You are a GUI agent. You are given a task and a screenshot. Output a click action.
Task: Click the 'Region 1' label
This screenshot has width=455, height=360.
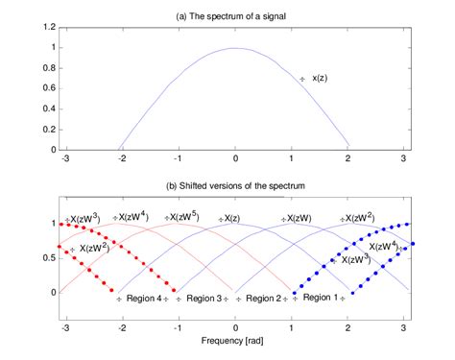(321, 298)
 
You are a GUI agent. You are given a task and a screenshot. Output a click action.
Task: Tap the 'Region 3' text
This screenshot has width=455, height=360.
(204, 299)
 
